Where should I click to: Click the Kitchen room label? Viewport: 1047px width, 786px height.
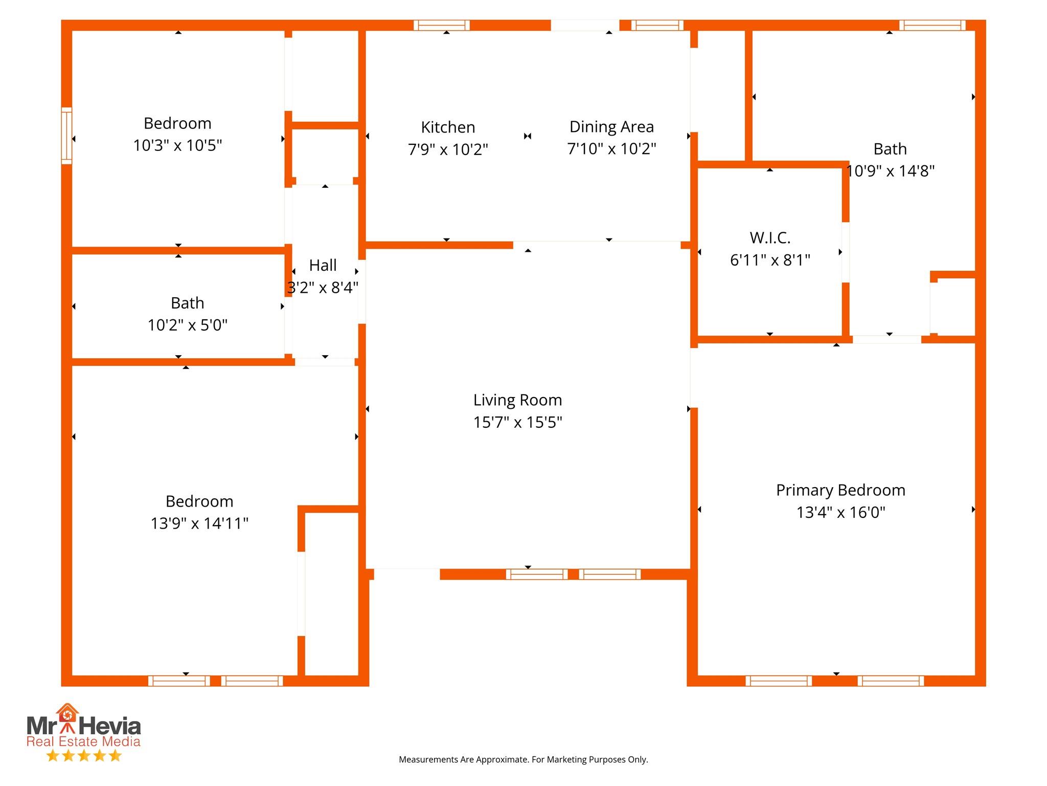pos(448,127)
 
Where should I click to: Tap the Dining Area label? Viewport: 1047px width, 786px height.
pos(611,126)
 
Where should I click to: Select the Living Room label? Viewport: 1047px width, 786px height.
pos(517,400)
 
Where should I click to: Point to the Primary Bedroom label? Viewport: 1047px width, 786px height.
pos(840,490)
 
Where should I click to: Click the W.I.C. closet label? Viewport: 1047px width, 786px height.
pos(770,237)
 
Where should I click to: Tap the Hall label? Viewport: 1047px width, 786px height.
pos(323,265)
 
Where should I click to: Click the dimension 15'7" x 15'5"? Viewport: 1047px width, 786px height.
pos(517,422)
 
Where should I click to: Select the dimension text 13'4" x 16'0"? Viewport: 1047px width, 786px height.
pos(840,512)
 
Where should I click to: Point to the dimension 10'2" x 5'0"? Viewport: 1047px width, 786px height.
pos(188,325)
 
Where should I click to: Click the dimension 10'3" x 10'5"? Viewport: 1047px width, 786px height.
pos(177,145)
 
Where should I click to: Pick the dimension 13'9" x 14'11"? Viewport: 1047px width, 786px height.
pos(199,523)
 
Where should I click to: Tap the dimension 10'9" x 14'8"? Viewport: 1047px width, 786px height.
pos(890,171)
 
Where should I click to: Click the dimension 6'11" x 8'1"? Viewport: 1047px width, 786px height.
pos(770,260)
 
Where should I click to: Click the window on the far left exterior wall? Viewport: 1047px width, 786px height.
pos(66,136)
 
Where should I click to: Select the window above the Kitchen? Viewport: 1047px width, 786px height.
pos(441,25)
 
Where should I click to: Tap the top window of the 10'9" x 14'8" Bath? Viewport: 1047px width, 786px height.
pos(932,25)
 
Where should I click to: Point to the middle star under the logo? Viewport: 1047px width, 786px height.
pos(84,756)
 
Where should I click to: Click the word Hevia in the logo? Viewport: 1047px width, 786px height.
pos(110,726)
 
